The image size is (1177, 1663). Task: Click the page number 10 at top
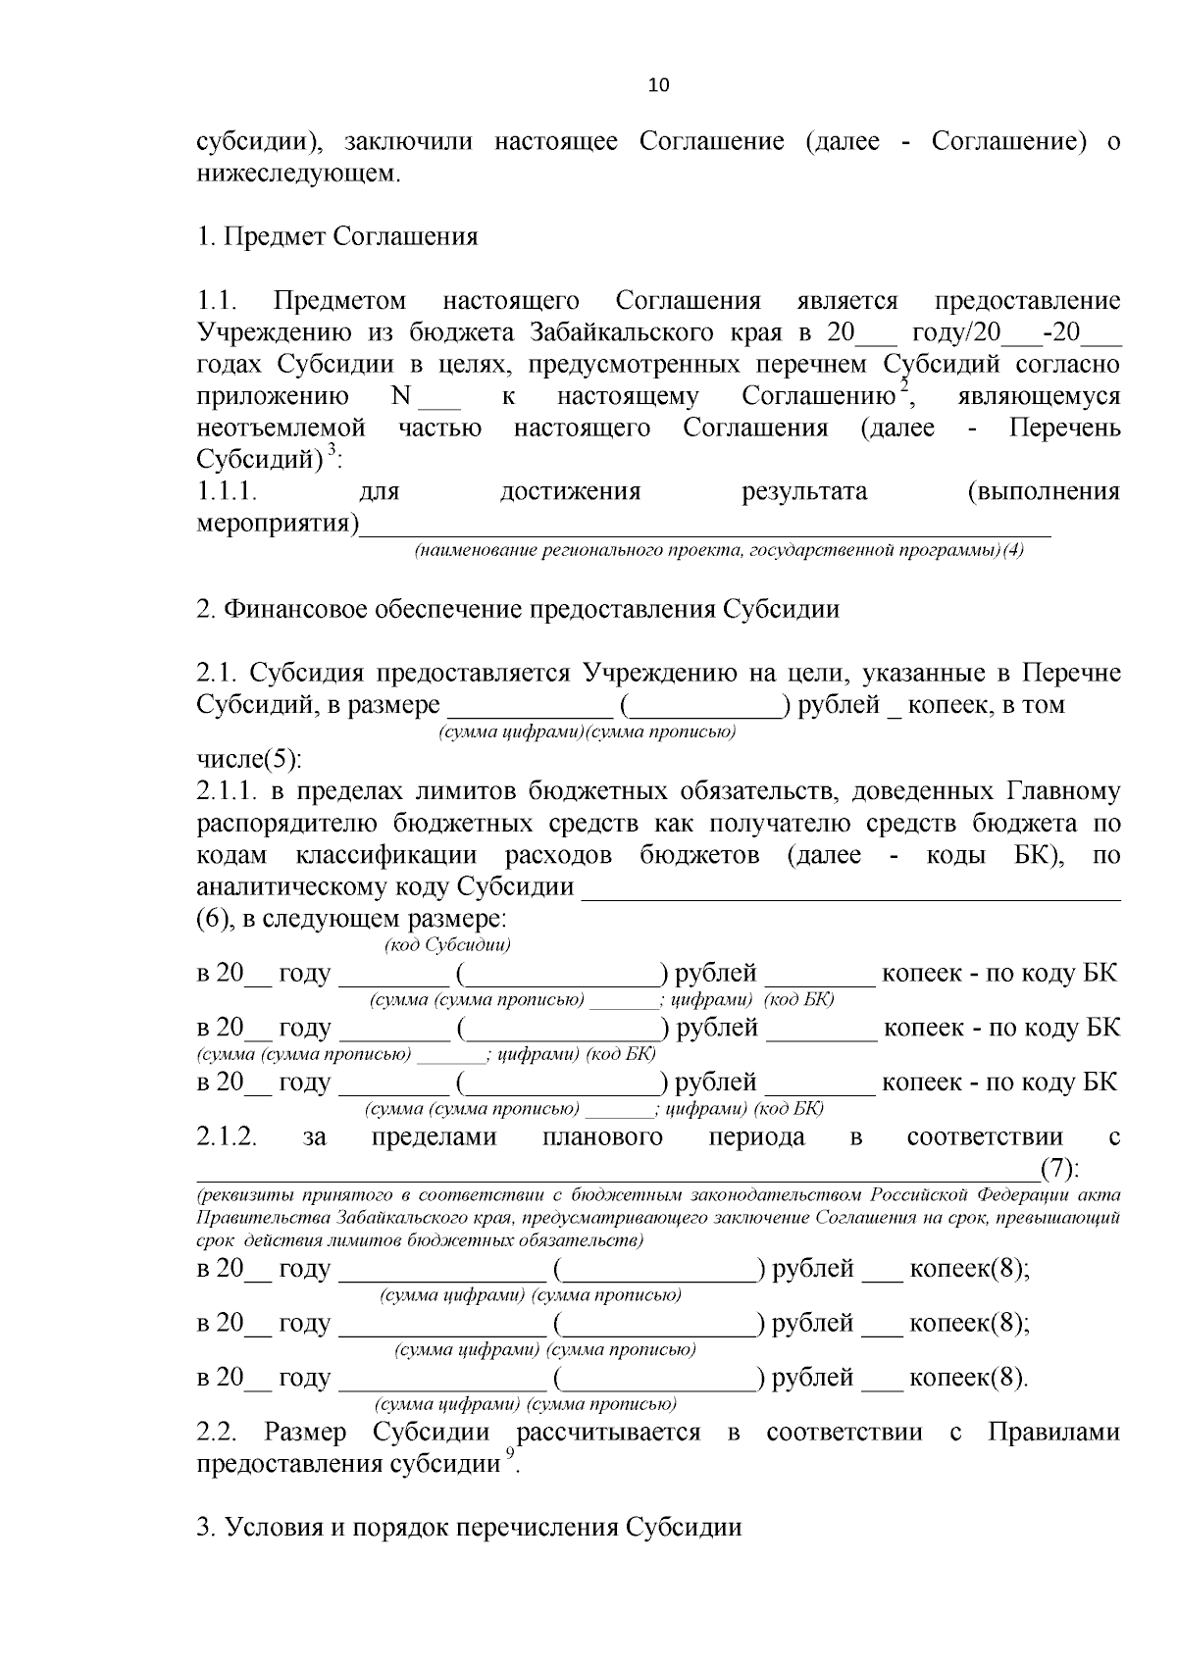point(658,85)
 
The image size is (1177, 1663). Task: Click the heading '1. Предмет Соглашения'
point(337,237)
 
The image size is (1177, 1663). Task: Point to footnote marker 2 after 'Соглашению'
point(905,386)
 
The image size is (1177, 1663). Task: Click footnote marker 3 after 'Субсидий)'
point(332,450)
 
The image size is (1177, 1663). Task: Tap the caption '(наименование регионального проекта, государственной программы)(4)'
point(718,551)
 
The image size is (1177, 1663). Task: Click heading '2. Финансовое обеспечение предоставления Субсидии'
point(518,610)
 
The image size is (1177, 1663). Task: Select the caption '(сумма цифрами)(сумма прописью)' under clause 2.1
point(588,732)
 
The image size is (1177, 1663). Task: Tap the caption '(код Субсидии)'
point(446,945)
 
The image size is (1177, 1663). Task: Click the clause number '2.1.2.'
point(227,1137)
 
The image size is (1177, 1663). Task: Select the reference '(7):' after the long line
point(1060,1169)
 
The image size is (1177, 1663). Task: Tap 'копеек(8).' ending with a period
point(969,1378)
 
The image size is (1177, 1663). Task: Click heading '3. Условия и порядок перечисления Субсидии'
point(469,1528)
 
